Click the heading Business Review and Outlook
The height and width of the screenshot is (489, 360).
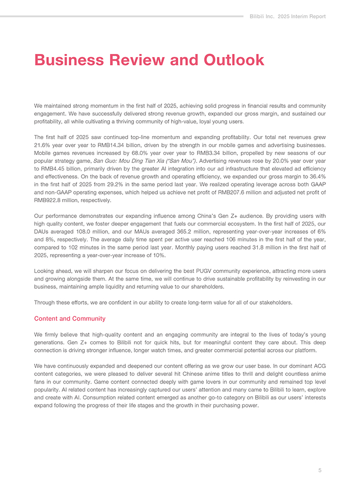(x=149, y=60)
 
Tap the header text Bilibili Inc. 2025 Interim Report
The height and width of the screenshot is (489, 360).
(x=288, y=16)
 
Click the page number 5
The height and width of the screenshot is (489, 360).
(x=320, y=470)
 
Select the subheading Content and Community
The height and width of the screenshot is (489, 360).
(x=70, y=318)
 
